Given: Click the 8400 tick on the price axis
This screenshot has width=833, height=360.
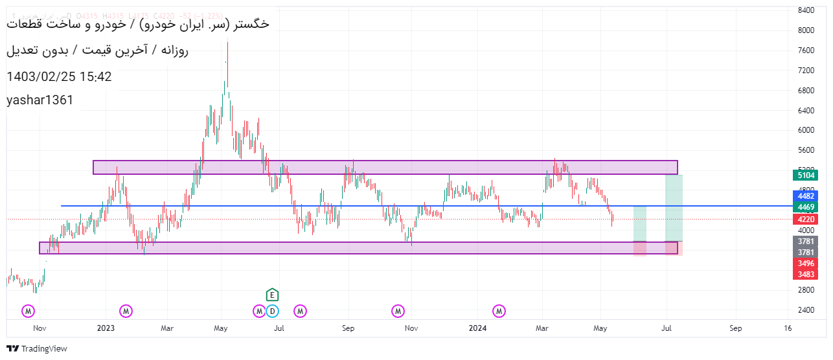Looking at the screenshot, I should pos(806,10).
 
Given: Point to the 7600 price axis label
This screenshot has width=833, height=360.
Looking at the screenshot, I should pos(806,50).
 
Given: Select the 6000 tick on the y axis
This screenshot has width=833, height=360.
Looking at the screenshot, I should pos(806,129).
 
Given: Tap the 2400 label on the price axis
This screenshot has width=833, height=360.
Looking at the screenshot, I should pos(806,309).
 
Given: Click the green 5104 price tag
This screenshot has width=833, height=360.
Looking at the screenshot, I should pos(806,175).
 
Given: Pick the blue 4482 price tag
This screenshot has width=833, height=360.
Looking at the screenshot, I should pos(806,196).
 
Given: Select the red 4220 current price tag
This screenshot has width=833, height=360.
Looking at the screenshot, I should pos(806,219).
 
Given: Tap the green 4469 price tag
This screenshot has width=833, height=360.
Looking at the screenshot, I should pos(806,207).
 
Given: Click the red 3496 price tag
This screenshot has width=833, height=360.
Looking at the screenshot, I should pos(806,264).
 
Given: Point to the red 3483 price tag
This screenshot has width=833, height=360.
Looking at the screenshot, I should pos(806,275).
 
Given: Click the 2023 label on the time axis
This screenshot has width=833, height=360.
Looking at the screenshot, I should pos(106,328).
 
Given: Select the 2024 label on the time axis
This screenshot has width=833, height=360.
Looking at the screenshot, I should pos(477,328).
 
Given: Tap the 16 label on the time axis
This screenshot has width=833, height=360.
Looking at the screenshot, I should pos(788,328).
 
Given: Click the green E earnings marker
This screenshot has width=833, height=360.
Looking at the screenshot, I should pos(272,295).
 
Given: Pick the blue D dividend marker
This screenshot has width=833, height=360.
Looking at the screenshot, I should pos(272,311).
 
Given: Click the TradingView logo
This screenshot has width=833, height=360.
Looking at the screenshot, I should pos(37,348).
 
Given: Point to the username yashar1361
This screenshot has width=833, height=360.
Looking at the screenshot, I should pos(40,100).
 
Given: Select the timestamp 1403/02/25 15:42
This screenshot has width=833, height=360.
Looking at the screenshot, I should pos(59,77).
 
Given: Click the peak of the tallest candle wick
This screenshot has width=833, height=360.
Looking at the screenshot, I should pos(227,42).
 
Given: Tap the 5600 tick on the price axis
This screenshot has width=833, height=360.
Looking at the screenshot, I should pos(806,150).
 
